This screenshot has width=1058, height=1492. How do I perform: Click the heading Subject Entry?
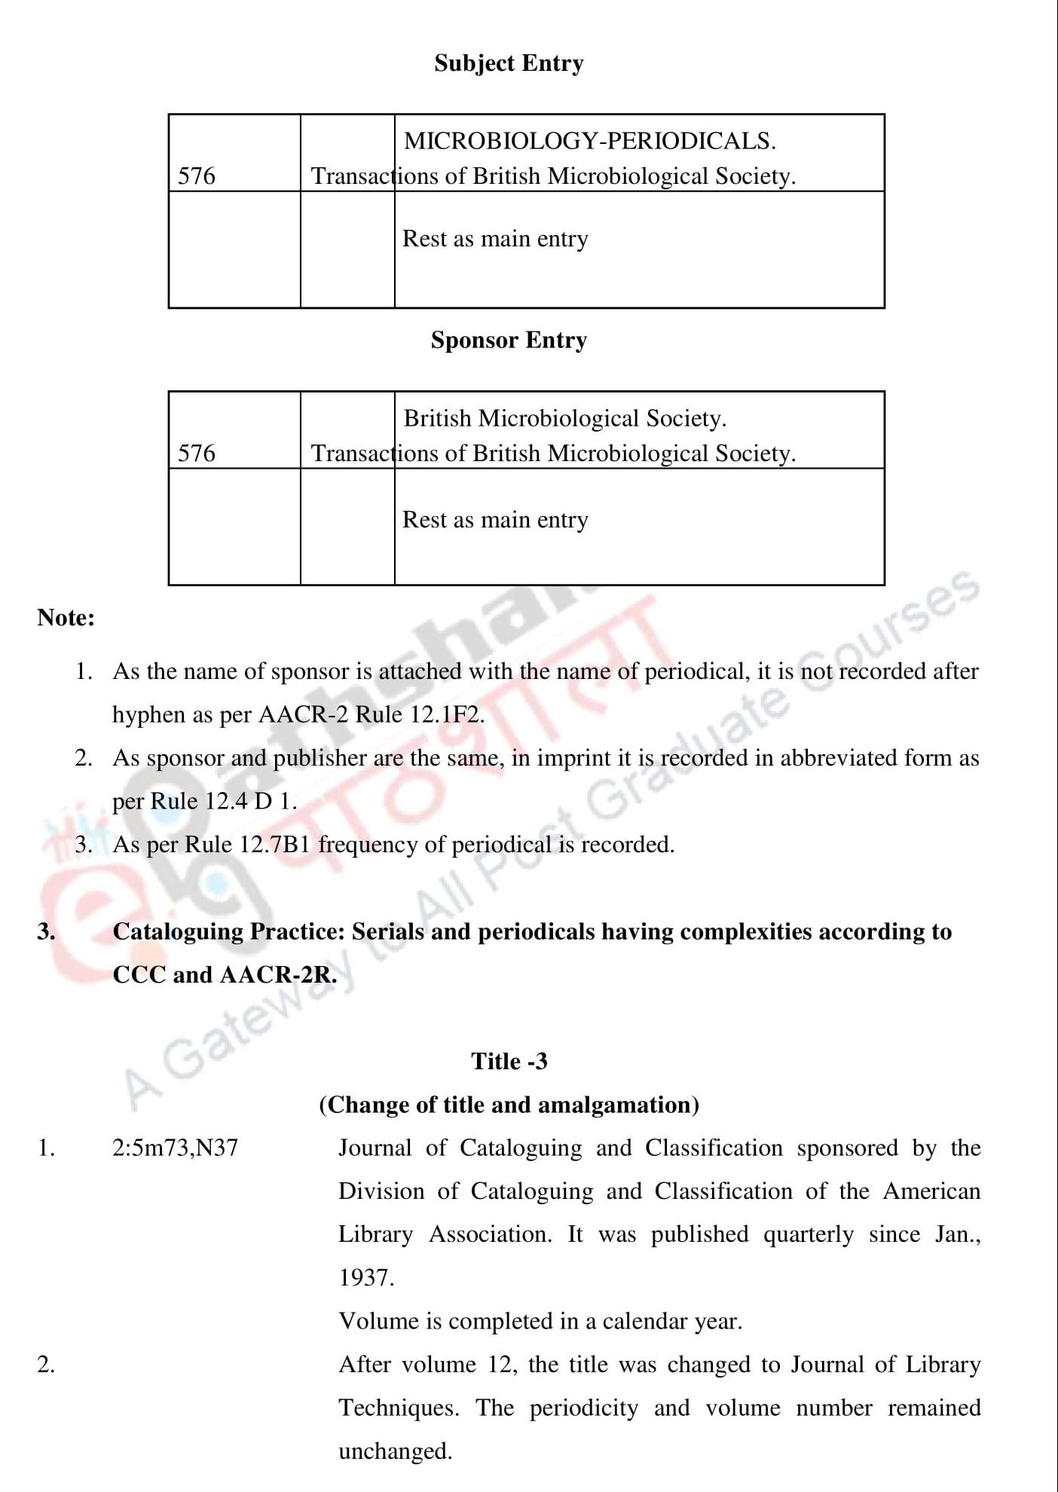pyautogui.click(x=509, y=63)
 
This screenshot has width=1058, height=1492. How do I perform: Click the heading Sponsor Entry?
pyautogui.click(x=509, y=341)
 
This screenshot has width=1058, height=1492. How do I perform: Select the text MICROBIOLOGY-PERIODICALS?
pyautogui.click(x=589, y=141)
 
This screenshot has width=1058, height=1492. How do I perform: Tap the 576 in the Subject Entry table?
pyautogui.click(x=197, y=176)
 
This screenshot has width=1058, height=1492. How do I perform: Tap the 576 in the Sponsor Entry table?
pyautogui.click(x=197, y=454)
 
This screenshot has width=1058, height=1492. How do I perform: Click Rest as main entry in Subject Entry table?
pyautogui.click(x=495, y=239)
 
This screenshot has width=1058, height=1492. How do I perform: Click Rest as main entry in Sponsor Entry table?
pyautogui.click(x=495, y=520)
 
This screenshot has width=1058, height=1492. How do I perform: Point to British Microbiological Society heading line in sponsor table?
pyautogui.click(x=564, y=418)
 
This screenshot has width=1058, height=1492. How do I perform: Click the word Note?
pyautogui.click(x=66, y=618)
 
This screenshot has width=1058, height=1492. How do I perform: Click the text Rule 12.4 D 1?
pyautogui.click(x=224, y=801)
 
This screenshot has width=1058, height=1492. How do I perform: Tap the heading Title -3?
pyautogui.click(x=509, y=1062)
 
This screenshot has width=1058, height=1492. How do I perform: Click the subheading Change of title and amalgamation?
pyautogui.click(x=509, y=1105)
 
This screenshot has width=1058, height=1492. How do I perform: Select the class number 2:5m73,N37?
pyautogui.click(x=175, y=1148)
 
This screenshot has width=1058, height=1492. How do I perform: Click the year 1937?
pyautogui.click(x=365, y=1278)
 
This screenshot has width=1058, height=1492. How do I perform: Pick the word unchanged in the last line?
pyautogui.click(x=394, y=1451)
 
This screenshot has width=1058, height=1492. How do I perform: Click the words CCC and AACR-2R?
pyautogui.click(x=224, y=975)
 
